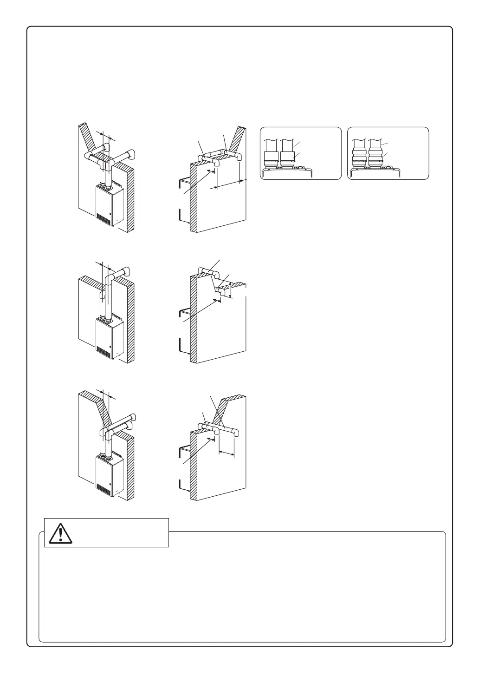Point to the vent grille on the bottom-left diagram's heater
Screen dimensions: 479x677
pos(104,488)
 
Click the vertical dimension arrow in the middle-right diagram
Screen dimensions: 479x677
pos(231,290)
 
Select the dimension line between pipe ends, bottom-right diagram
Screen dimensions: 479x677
pos(227,451)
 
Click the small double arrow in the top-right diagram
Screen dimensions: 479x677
pos(211,171)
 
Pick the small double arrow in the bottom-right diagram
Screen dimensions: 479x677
pos(211,438)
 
